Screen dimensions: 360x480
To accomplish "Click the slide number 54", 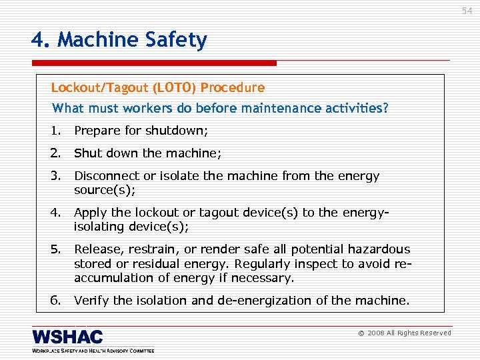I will [x=466, y=11].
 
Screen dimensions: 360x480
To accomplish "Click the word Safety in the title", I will [x=178, y=41].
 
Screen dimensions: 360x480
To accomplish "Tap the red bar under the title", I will [x=154, y=63].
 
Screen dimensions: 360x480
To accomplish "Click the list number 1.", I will [x=55, y=131].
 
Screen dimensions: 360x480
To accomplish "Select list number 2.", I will [x=55, y=153].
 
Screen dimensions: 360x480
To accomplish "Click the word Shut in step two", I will [x=86, y=153].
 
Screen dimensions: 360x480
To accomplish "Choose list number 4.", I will [x=55, y=213].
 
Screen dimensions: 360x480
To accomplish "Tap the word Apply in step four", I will [x=90, y=213].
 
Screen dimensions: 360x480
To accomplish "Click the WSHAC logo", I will [x=67, y=337].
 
